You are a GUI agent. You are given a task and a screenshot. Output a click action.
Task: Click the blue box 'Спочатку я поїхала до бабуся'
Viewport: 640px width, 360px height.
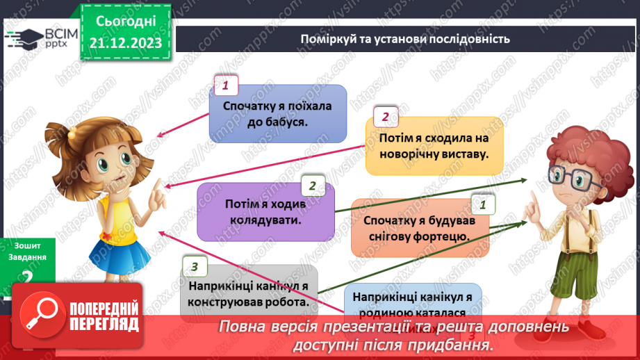(x=278, y=114)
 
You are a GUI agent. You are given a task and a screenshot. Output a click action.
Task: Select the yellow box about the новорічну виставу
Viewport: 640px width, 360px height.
(x=434, y=146)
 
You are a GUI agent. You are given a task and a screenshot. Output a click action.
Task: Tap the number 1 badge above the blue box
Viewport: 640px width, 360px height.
(x=225, y=86)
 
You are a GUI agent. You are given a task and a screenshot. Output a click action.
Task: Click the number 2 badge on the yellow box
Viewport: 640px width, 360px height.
(x=386, y=117)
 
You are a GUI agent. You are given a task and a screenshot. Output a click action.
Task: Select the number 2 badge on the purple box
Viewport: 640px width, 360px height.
(x=313, y=185)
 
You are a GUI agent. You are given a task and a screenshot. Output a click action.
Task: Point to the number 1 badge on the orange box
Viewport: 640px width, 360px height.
(x=483, y=204)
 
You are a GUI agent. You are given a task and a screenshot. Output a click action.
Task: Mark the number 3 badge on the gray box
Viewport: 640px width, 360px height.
(x=195, y=265)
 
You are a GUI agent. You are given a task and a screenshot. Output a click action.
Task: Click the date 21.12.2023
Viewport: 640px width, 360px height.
(x=125, y=42)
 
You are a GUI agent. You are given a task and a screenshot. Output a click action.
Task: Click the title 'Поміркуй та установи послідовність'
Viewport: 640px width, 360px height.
(x=406, y=39)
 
